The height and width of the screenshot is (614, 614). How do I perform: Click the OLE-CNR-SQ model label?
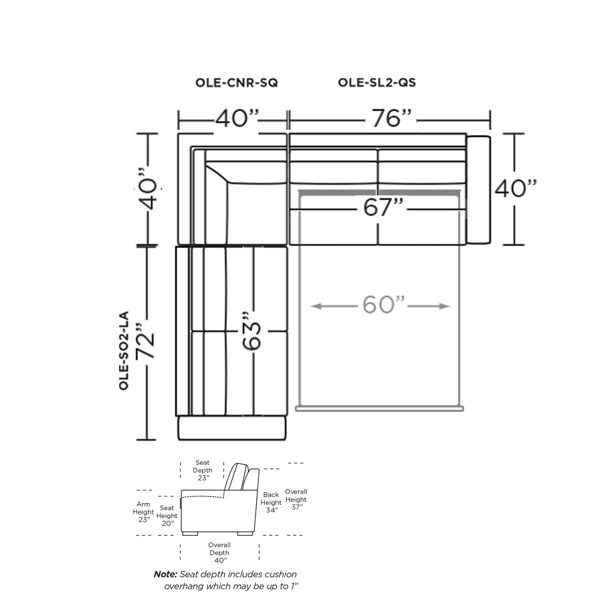coord(236,83)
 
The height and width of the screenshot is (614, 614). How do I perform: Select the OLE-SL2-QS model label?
coord(377,83)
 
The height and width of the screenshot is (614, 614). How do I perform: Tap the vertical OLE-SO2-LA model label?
coord(124,350)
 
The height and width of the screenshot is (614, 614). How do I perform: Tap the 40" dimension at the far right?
coord(515,188)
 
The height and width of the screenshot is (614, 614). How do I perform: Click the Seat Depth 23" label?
coord(202,470)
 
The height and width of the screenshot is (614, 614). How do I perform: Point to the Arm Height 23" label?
coord(143,512)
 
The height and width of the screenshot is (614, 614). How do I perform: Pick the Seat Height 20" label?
coord(167,515)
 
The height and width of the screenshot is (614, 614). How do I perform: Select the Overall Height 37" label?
coord(296,499)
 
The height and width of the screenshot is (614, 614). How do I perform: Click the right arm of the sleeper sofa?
coord(478,190)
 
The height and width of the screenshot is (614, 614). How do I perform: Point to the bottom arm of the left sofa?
coord(232,427)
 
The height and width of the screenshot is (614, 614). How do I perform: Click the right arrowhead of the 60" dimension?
coord(445,306)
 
